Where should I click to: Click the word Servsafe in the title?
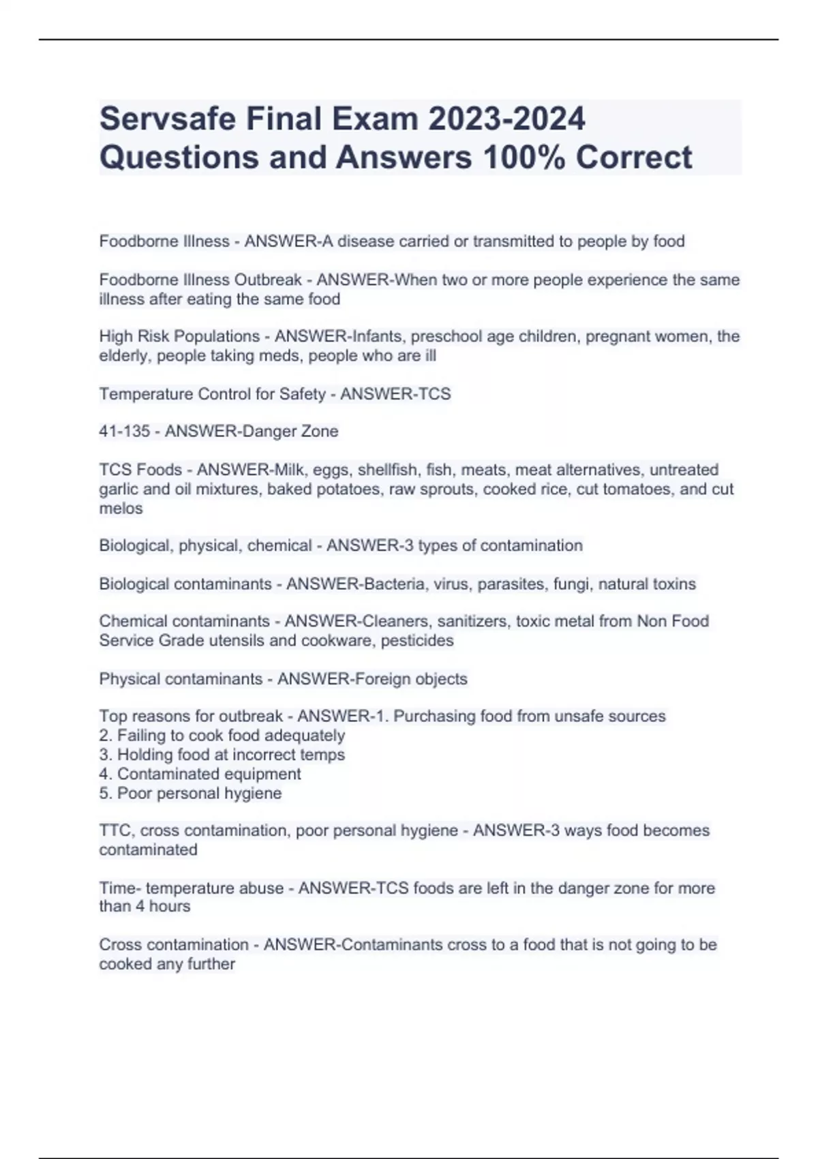point(167,119)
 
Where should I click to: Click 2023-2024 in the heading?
point(506,119)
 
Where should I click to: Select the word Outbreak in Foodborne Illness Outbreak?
point(268,280)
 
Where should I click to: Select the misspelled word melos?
point(121,509)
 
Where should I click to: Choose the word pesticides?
point(417,641)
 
